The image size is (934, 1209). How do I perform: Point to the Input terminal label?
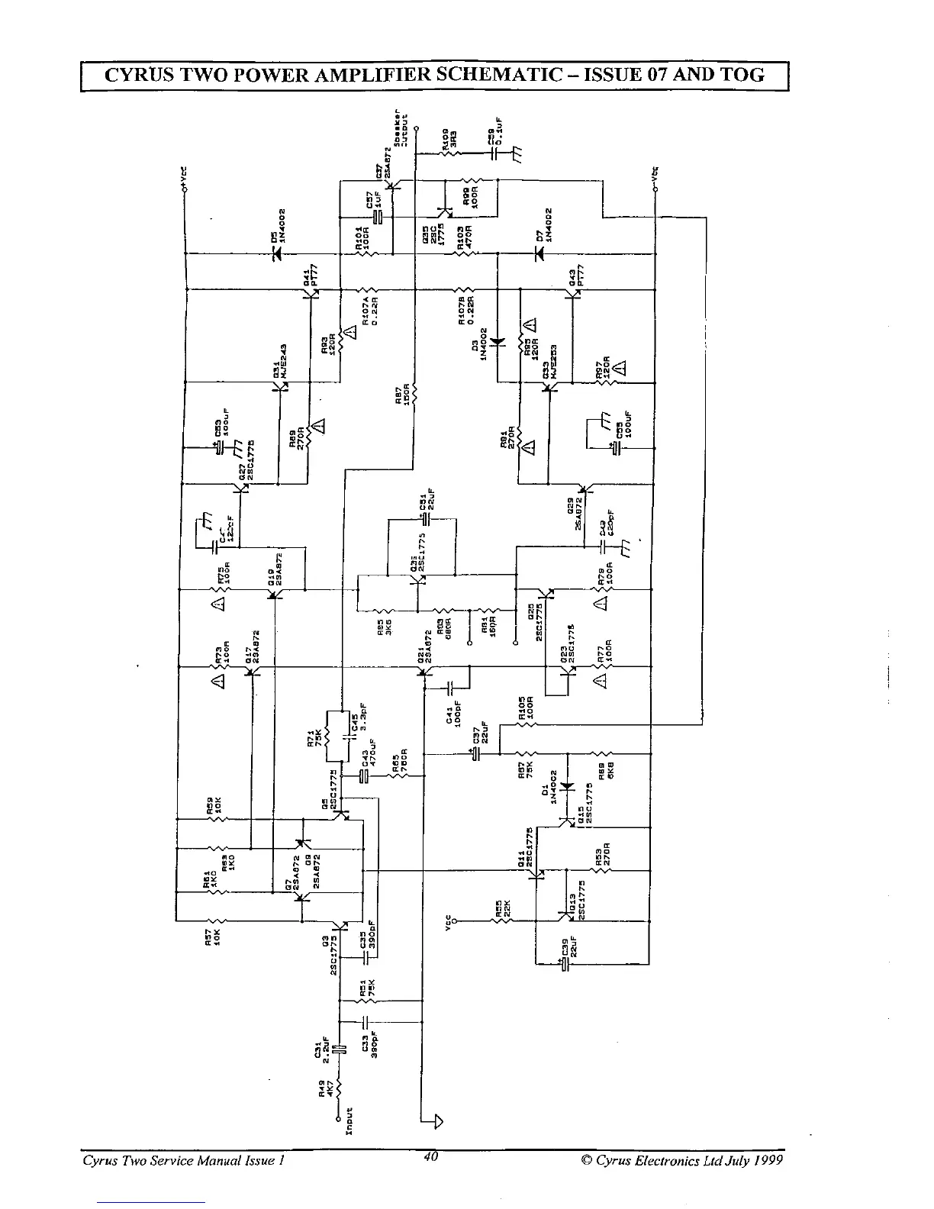349,1120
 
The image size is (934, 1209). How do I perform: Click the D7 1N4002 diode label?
544,228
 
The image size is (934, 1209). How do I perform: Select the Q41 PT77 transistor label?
311,272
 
